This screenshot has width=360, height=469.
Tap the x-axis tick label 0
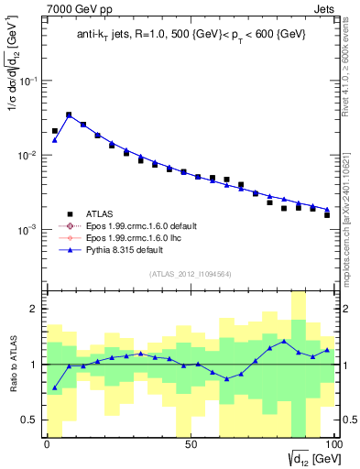pyautogui.click(x=47, y=444)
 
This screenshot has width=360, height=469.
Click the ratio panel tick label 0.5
pyautogui.click(x=30, y=420)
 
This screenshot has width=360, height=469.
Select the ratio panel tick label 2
pyautogui.click(x=34, y=309)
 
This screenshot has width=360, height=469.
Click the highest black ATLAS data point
pyautogui.click(x=69, y=115)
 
